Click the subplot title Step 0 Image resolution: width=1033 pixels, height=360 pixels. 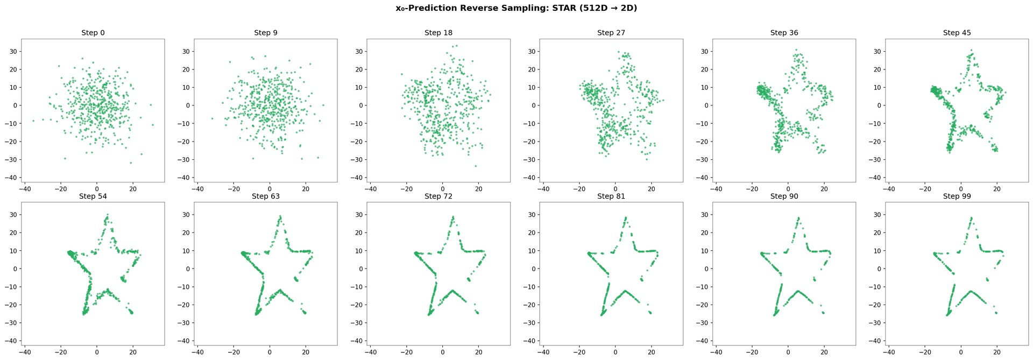coord(93,33)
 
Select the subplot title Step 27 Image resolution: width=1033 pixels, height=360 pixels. coord(611,33)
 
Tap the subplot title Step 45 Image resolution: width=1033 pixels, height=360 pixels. coord(957,33)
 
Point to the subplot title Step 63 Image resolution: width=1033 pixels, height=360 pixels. coord(265,196)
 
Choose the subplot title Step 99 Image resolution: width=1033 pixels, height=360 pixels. coord(957,196)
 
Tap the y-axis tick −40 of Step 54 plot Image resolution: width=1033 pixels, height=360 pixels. coord(11,341)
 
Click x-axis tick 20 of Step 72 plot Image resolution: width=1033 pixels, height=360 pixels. coord(478,352)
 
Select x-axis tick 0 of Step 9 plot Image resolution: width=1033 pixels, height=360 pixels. coord(270,189)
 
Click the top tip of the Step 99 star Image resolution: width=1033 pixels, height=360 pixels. coord(971,218)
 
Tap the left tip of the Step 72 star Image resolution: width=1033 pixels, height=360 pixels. coord(415,252)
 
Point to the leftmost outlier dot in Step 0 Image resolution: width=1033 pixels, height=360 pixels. coord(33,121)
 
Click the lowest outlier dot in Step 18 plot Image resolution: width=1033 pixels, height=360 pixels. coord(476,166)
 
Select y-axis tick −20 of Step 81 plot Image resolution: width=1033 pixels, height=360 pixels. coord(530,305)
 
